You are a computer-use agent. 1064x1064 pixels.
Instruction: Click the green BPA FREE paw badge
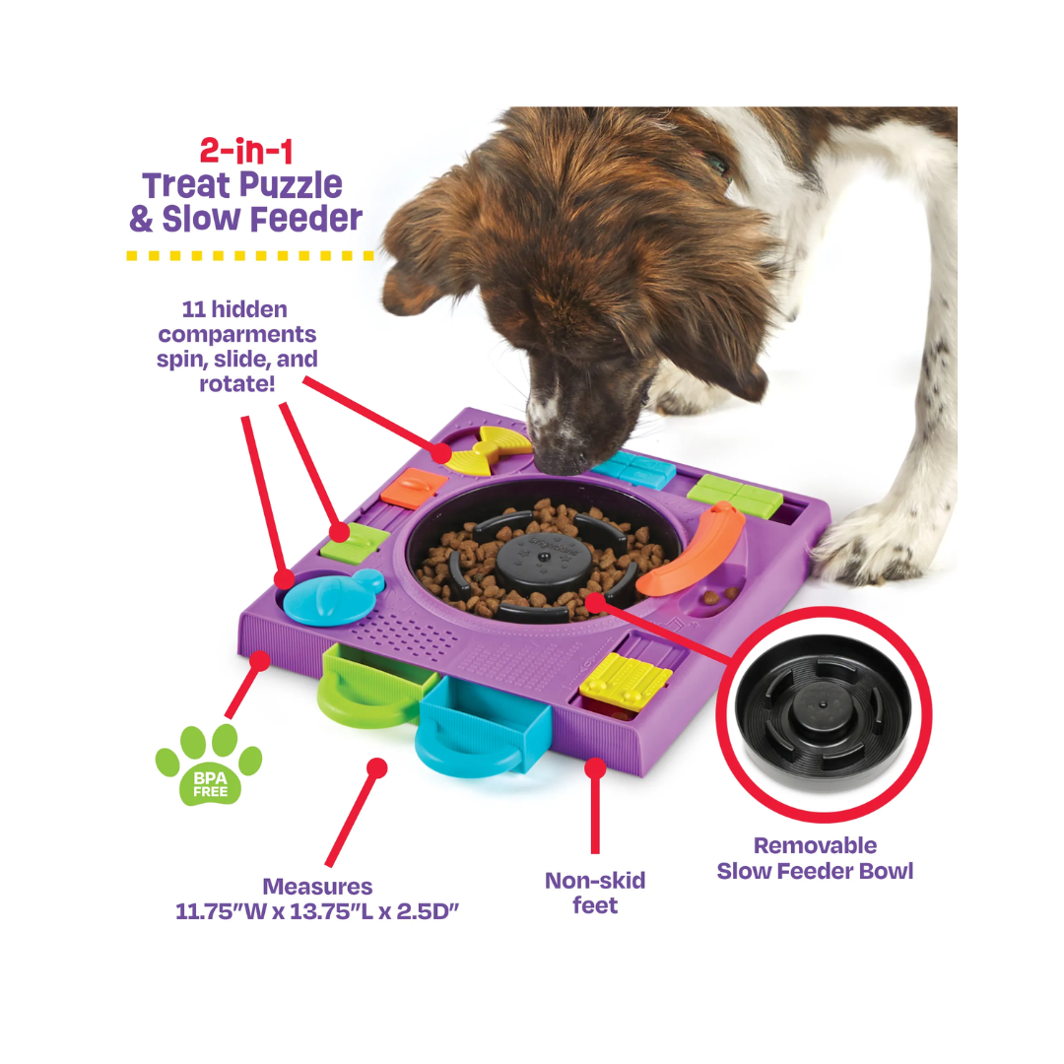pyautogui.click(x=208, y=765)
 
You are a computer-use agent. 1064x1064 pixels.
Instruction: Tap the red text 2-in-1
pyautogui.click(x=246, y=151)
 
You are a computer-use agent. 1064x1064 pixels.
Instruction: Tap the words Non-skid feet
pyautogui.click(x=595, y=893)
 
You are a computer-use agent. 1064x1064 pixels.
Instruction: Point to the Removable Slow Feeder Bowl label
pyautogui.click(x=815, y=858)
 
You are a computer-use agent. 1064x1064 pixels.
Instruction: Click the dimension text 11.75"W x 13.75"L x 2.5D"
pyautogui.click(x=317, y=911)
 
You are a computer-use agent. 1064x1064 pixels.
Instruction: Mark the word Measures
pyautogui.click(x=317, y=887)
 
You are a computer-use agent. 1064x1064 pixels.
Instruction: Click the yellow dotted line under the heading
pyautogui.click(x=250, y=256)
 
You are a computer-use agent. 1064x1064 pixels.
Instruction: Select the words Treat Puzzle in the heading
pyautogui.click(x=242, y=185)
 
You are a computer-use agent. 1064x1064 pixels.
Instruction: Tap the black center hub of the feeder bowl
pyautogui.click(x=544, y=560)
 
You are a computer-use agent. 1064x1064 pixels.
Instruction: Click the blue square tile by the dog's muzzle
pyautogui.click(x=632, y=469)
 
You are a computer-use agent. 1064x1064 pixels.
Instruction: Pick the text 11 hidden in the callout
pyautogui.click(x=234, y=309)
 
